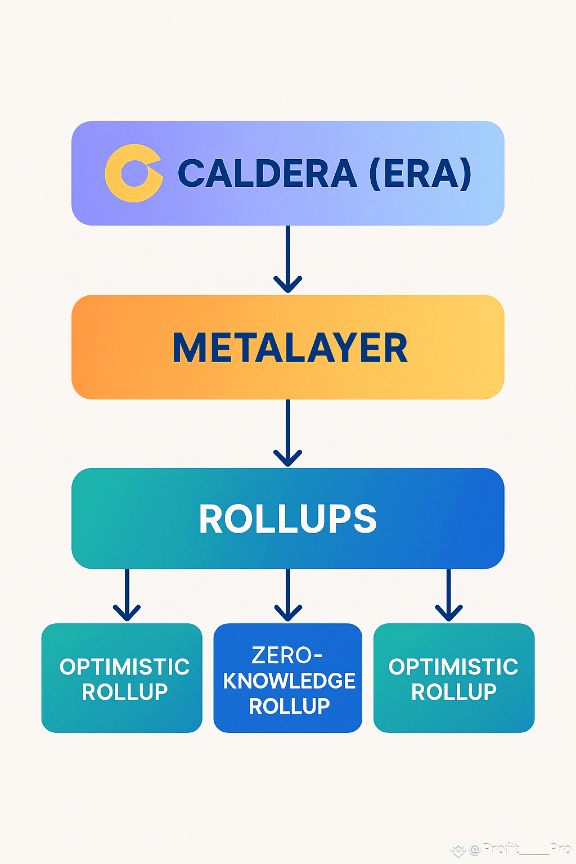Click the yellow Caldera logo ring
[112, 174]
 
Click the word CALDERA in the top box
[267, 173]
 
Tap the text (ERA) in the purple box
[421, 174]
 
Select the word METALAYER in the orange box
[290, 348]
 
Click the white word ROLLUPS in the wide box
[288, 519]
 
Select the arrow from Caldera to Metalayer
[288, 259]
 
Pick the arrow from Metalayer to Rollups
[288, 433]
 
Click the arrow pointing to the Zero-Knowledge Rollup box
[288, 595]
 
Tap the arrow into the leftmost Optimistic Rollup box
[127, 595]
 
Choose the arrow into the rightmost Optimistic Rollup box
[449, 595]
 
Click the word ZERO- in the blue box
[287, 655]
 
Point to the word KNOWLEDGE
[289, 681]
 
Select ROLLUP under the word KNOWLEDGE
[289, 706]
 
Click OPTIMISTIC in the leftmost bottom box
[125, 667]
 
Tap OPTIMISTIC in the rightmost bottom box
[453, 667]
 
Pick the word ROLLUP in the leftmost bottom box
[125, 692]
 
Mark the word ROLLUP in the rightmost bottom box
[454, 692]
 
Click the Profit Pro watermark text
[520, 849]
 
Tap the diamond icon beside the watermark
[458, 850]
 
